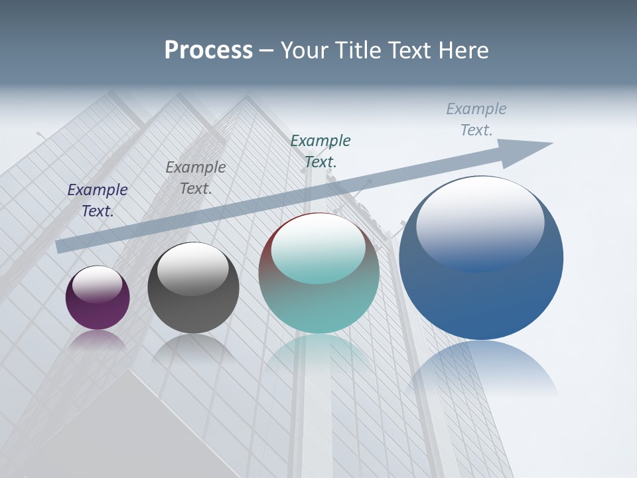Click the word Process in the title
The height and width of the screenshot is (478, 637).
coord(208,50)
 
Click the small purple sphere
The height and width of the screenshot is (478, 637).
coord(98,298)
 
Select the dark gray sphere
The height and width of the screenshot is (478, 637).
coord(193,288)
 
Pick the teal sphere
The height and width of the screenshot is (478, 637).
coord(319,274)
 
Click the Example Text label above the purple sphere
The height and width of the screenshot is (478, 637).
coord(98,200)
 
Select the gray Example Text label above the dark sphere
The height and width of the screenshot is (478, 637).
coord(196,178)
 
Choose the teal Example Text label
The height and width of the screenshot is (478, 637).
coord(320,151)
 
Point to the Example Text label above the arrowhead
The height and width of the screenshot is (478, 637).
coord(476,119)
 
